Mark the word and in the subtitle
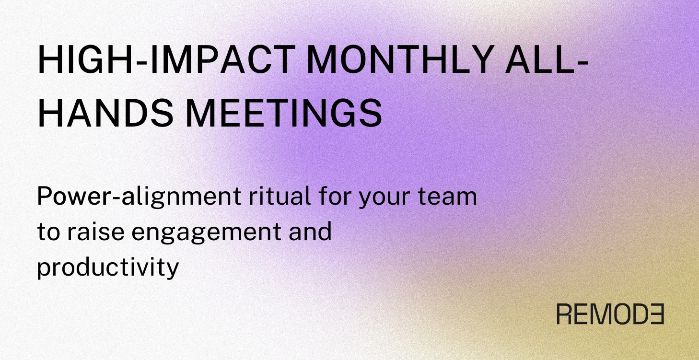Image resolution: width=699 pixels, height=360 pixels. pyautogui.click(x=311, y=232)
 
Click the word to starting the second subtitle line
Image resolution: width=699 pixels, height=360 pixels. pyautogui.click(x=47, y=232)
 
